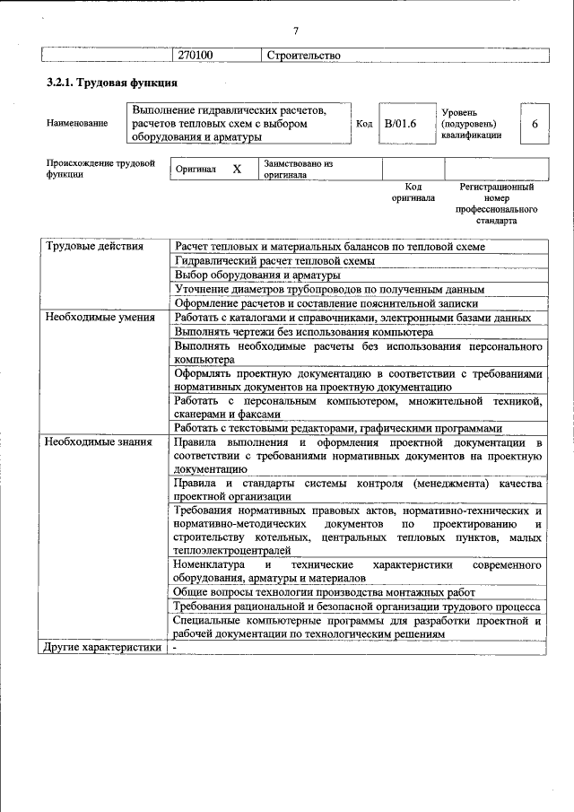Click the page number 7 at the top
[x=296, y=31]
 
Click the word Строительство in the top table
[x=304, y=56]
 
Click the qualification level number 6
[x=535, y=124]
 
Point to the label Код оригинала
[x=413, y=192]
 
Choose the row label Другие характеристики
[x=103, y=647]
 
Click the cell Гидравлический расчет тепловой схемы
[x=274, y=260]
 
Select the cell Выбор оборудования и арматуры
[x=257, y=275]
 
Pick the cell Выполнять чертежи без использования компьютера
[x=304, y=331]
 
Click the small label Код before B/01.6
[x=364, y=124]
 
